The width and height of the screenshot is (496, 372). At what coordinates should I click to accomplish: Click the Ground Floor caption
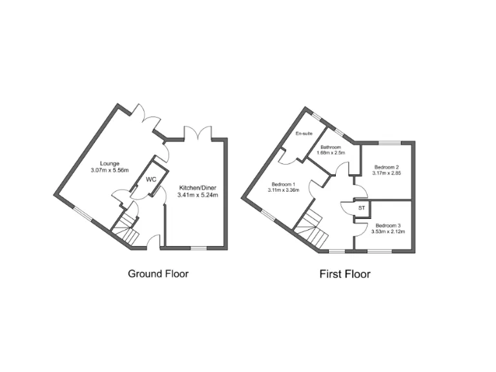coord(158,274)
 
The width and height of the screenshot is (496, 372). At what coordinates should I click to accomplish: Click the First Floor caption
coord(345,274)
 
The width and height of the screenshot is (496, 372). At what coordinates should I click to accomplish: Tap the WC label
coord(150,179)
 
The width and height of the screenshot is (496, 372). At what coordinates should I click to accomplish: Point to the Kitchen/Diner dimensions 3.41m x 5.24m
coord(198,194)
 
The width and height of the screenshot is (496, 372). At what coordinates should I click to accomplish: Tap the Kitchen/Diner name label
coord(198,187)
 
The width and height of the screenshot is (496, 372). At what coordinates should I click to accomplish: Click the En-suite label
coord(304,134)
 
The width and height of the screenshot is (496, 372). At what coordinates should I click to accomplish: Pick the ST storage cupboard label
coord(362,208)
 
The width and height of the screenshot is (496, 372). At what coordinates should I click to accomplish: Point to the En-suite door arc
coord(285,156)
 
